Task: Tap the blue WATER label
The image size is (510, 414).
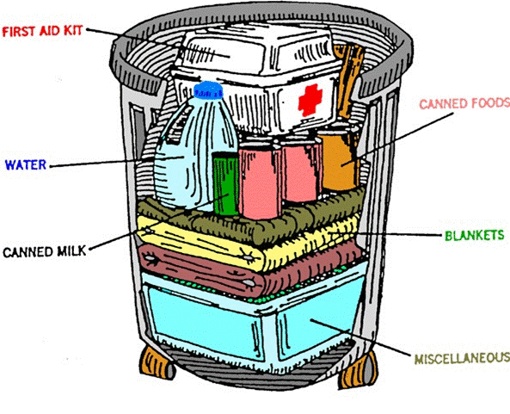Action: coord(25,164)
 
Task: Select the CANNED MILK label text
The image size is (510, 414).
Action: coord(44,252)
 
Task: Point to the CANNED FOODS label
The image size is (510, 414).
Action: coord(462,105)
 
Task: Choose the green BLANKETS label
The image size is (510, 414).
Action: coord(473,235)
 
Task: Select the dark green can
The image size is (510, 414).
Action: coord(225,182)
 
